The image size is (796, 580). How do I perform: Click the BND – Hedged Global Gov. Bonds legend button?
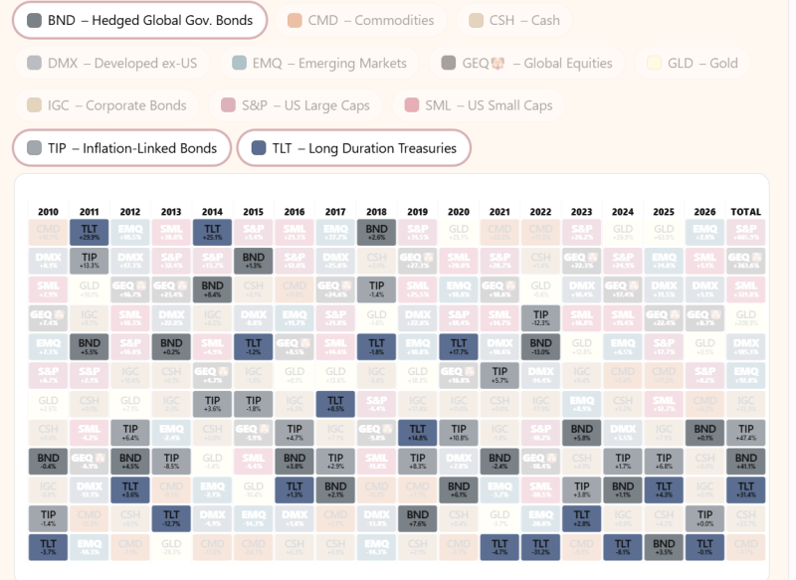(x=139, y=20)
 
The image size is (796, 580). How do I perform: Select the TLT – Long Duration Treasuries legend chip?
(x=353, y=148)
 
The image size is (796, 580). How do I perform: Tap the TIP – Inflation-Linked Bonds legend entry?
(x=121, y=148)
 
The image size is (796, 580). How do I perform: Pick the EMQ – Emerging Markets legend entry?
(x=317, y=63)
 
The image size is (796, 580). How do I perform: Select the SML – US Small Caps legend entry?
(x=485, y=105)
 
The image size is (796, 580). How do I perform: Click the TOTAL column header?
(x=745, y=212)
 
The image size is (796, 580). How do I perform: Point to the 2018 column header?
(x=376, y=212)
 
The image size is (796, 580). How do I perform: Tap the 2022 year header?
(x=540, y=212)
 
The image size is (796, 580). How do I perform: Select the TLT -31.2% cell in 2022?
(x=540, y=548)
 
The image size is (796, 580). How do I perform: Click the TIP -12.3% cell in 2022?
(x=540, y=318)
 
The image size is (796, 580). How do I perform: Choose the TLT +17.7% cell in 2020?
(x=458, y=347)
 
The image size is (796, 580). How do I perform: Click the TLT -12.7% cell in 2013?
(x=171, y=519)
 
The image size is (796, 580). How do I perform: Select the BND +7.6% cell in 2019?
(x=417, y=519)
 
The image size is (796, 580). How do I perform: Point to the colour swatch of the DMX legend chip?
(x=35, y=63)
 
